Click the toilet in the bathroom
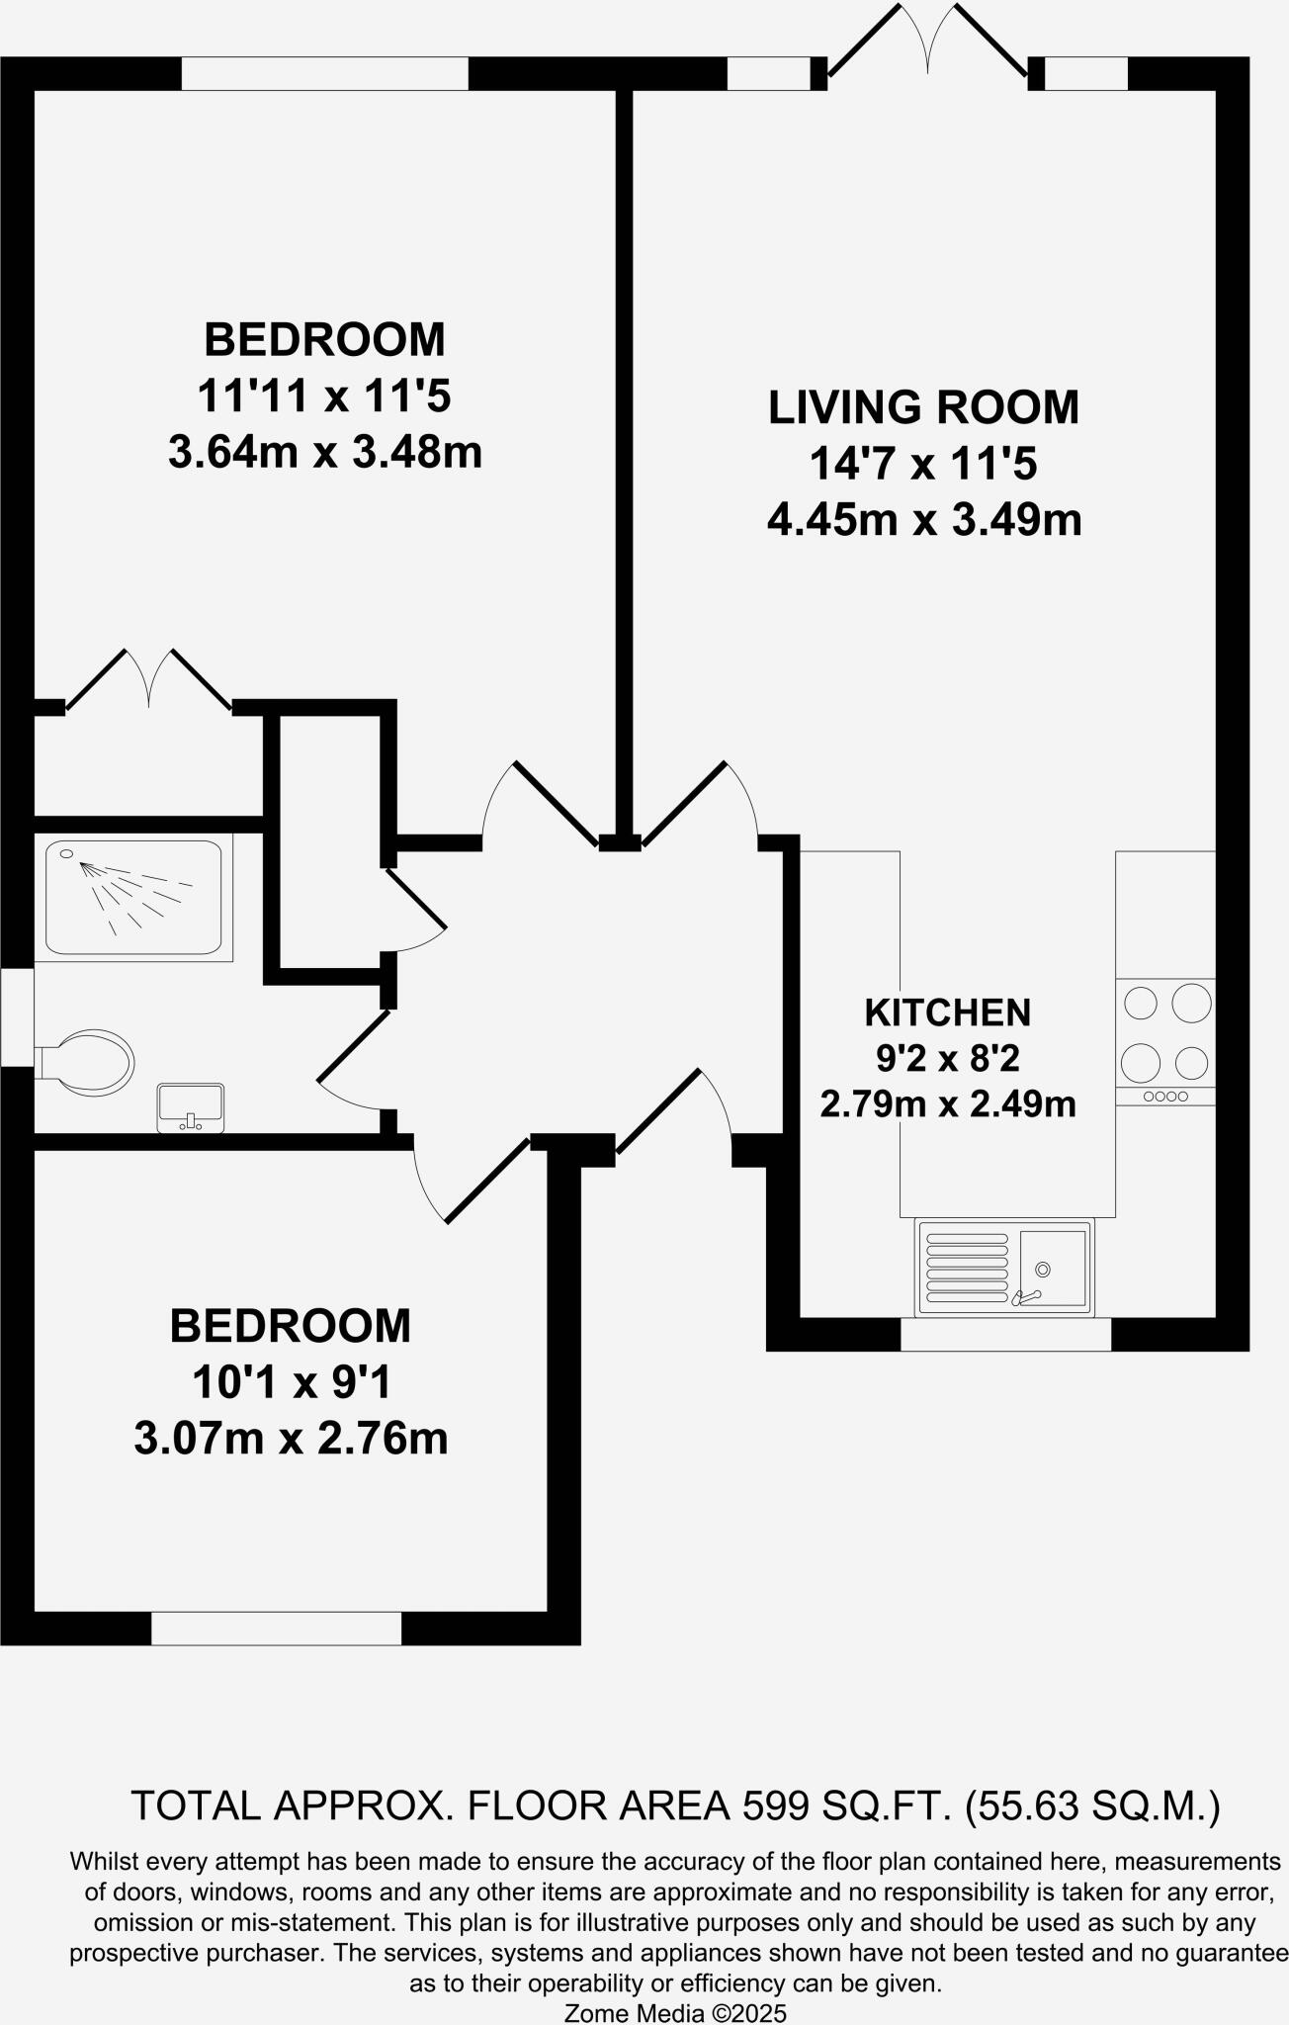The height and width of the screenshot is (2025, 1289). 87,1062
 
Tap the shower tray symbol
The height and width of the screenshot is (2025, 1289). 133,898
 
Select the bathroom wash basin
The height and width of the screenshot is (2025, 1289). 191,1106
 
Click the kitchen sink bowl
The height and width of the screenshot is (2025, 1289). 1052,1268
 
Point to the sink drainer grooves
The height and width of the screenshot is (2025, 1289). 966,1268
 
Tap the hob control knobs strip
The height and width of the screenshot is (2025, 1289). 1164,1097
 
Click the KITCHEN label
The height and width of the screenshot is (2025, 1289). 947,1012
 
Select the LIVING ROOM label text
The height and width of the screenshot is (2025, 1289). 923,407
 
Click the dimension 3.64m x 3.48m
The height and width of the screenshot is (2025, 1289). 325,453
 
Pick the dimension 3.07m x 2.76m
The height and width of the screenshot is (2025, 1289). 291,1438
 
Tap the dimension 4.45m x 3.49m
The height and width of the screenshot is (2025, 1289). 923,519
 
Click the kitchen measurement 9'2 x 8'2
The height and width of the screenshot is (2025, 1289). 947,1059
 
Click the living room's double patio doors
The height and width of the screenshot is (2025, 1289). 927,44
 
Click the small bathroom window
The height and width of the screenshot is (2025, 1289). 17,1016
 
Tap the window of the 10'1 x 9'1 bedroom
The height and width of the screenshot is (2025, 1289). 276,1629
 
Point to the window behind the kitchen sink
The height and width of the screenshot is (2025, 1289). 1005,1334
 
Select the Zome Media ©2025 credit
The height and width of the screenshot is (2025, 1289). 674,2012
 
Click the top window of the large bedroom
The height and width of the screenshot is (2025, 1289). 324,73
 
